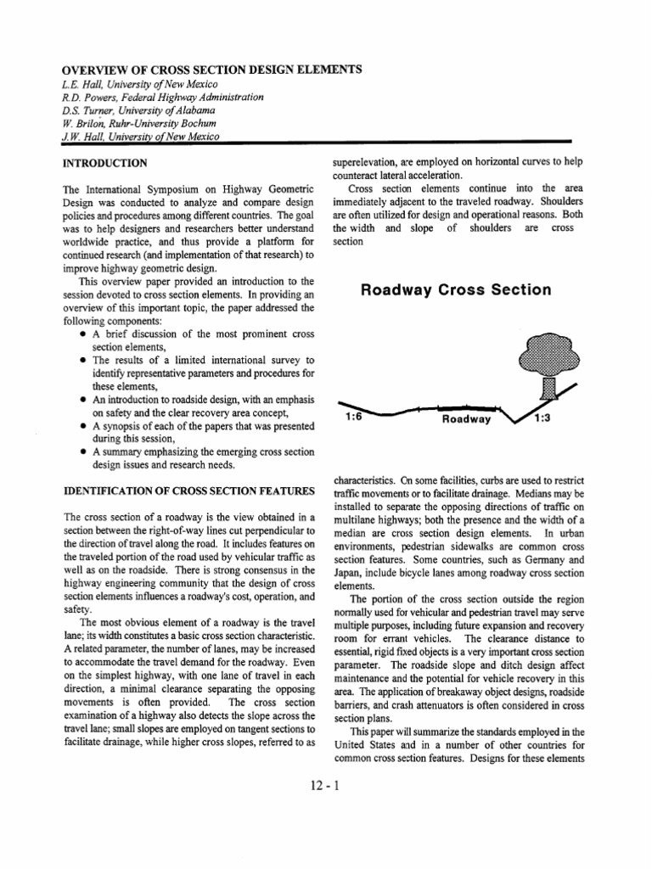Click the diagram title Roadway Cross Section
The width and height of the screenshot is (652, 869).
coord(456,289)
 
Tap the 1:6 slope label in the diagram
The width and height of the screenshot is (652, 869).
coord(355,417)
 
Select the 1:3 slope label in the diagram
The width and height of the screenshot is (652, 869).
coord(541,418)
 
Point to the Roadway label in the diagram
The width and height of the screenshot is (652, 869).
coord(466,419)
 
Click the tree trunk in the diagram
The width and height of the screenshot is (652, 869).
coord(548,387)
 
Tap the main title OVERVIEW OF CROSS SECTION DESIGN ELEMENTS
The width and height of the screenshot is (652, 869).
coord(209,70)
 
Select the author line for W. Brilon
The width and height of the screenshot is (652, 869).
coord(136,123)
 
